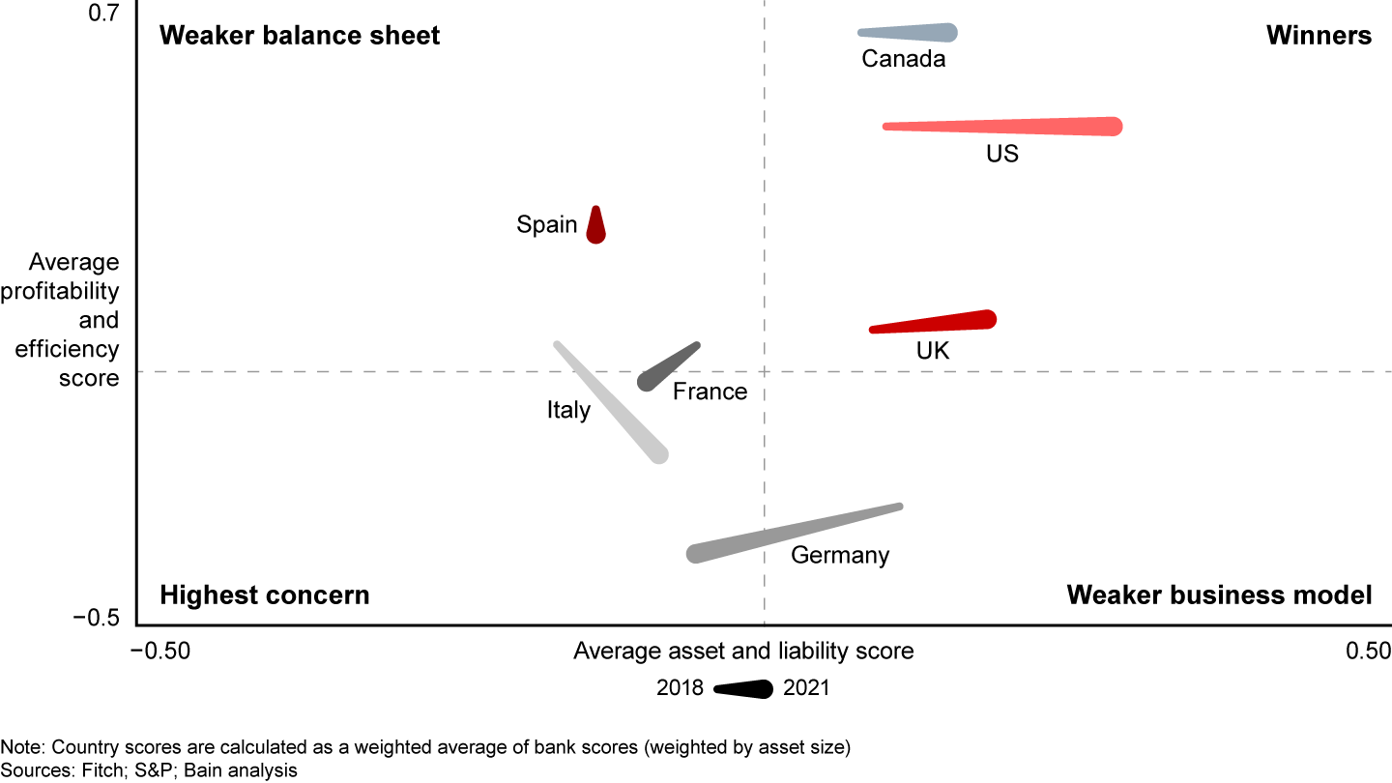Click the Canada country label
click(903, 60)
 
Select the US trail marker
click(1005, 127)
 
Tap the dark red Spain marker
click(596, 227)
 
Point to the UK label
click(933, 351)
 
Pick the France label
click(710, 391)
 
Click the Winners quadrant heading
click(1319, 36)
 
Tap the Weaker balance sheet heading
click(300, 36)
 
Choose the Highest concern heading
click(265, 594)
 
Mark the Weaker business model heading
click(1219, 594)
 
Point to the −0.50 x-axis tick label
click(165, 651)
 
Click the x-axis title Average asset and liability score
click(743, 651)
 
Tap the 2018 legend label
click(681, 688)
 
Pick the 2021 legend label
click(806, 688)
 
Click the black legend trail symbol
click(744, 688)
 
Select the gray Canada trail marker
click(909, 33)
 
